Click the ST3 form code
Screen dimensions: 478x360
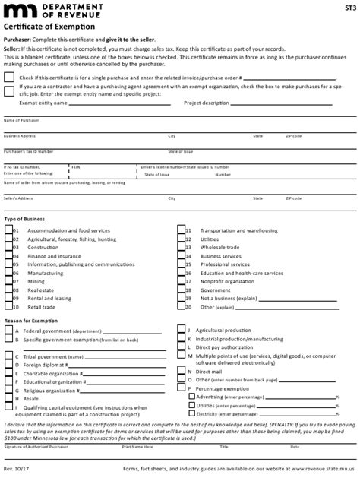pos(349,8)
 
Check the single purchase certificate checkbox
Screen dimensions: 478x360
pos(8,78)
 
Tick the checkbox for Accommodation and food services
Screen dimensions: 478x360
pos(8,230)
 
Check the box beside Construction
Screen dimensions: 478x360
pos(8,248)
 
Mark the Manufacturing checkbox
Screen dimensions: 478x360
pos(8,274)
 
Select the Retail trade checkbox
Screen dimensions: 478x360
pos(8,308)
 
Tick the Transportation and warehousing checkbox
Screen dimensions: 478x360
pos(182,230)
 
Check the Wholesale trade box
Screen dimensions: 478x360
pos(182,248)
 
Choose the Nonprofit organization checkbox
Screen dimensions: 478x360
pos(182,282)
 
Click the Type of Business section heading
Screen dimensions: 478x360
pos(24,219)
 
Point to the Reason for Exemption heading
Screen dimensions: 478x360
pos(30,321)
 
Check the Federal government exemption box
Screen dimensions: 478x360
pos(8,332)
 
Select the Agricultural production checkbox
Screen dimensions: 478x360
pos(182,331)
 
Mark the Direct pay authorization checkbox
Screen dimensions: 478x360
pos(182,347)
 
